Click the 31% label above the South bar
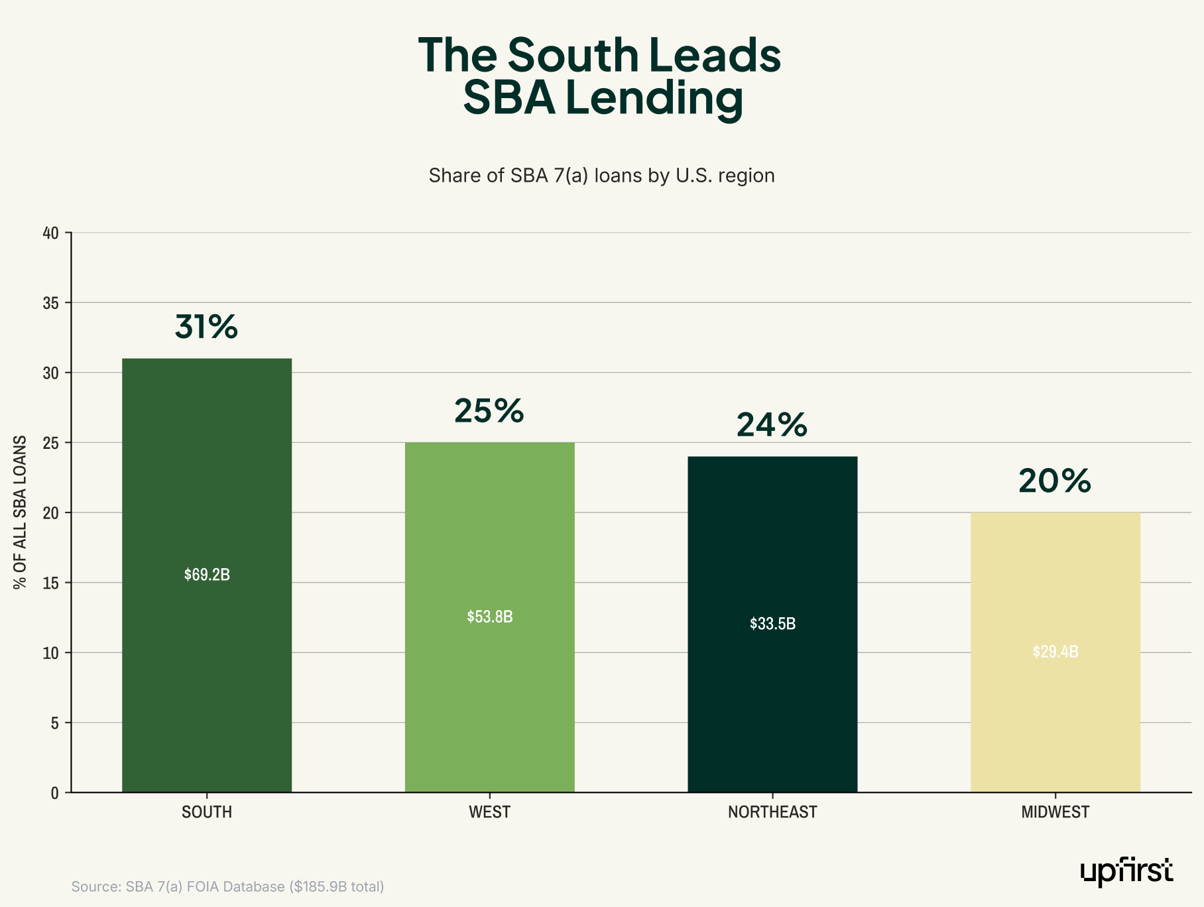click(206, 327)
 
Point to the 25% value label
click(489, 411)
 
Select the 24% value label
click(772, 425)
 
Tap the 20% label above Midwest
click(1055, 481)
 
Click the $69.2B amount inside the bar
click(207, 575)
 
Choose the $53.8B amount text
click(489, 617)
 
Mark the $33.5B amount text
click(772, 624)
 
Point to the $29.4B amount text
click(1055, 652)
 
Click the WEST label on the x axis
click(489, 812)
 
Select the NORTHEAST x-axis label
click(772, 812)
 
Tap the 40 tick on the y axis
click(51, 233)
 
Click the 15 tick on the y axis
click(51, 583)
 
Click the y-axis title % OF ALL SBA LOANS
click(21, 512)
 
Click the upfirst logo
click(1126, 872)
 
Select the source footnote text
click(227, 886)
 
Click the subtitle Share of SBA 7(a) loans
click(601, 176)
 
